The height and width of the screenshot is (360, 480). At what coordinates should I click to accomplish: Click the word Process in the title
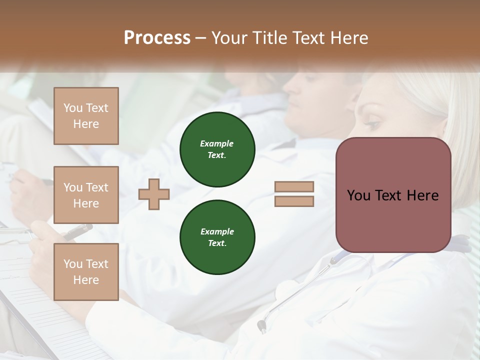[157, 38]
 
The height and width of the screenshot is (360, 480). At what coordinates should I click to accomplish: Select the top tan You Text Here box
[86, 116]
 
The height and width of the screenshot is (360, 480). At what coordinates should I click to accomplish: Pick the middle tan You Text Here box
[86, 195]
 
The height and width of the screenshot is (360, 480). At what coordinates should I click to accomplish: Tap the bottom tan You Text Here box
[86, 271]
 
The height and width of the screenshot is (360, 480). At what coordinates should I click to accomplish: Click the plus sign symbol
[154, 194]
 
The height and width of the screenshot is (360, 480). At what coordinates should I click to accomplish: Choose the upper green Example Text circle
[217, 149]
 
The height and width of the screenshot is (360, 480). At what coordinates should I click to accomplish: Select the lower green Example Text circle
[217, 237]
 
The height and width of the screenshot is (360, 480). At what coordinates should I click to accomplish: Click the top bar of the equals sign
[294, 186]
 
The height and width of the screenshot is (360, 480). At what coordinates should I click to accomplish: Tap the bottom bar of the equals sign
[294, 201]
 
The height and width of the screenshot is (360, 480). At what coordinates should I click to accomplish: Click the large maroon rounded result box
[393, 195]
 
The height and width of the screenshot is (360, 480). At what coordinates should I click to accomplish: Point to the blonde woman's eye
[372, 122]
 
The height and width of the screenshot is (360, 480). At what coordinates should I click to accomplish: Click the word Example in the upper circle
[217, 143]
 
